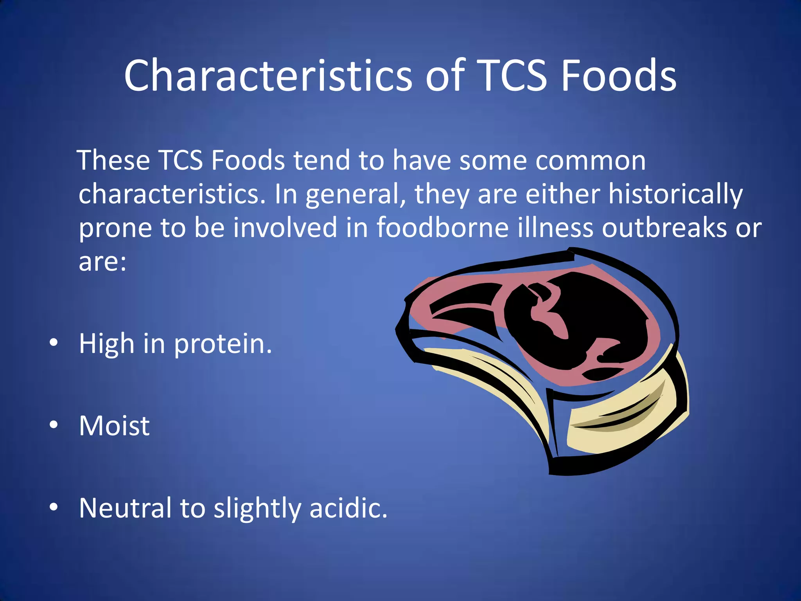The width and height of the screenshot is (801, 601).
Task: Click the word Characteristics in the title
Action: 268,75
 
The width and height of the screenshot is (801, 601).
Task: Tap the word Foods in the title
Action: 618,75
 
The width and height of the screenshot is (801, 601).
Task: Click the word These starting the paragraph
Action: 114,160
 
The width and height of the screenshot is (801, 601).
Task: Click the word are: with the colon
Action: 102,262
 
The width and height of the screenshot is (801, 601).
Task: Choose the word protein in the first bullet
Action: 222,344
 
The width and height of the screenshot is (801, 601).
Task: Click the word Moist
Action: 114,426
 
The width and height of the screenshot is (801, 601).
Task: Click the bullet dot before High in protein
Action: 54,343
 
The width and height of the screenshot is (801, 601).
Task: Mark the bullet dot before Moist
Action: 54,425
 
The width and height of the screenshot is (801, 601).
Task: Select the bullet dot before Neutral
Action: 54,507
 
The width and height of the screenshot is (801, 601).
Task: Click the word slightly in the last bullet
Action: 257,509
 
